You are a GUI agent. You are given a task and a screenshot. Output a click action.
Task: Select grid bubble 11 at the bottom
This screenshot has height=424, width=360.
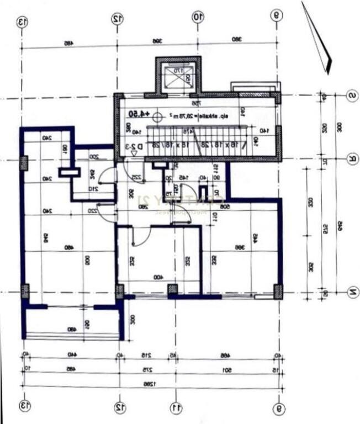click(x=176, y=407)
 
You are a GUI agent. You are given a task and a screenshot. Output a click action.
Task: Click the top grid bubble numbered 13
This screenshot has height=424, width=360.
click(x=23, y=22)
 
